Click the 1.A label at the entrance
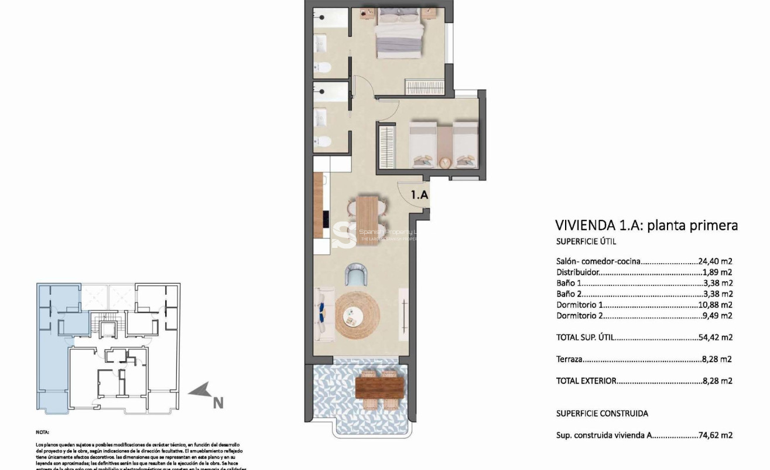(419, 195)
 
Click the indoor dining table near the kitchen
(368, 220)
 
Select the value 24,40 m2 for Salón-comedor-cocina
(716, 261)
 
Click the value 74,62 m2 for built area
(716, 435)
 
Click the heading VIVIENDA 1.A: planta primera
(646, 226)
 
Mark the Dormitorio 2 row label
(579, 315)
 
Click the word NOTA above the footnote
(43, 431)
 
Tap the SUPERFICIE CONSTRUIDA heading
(602, 413)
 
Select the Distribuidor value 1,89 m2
(717, 272)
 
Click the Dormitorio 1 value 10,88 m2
(716, 305)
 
